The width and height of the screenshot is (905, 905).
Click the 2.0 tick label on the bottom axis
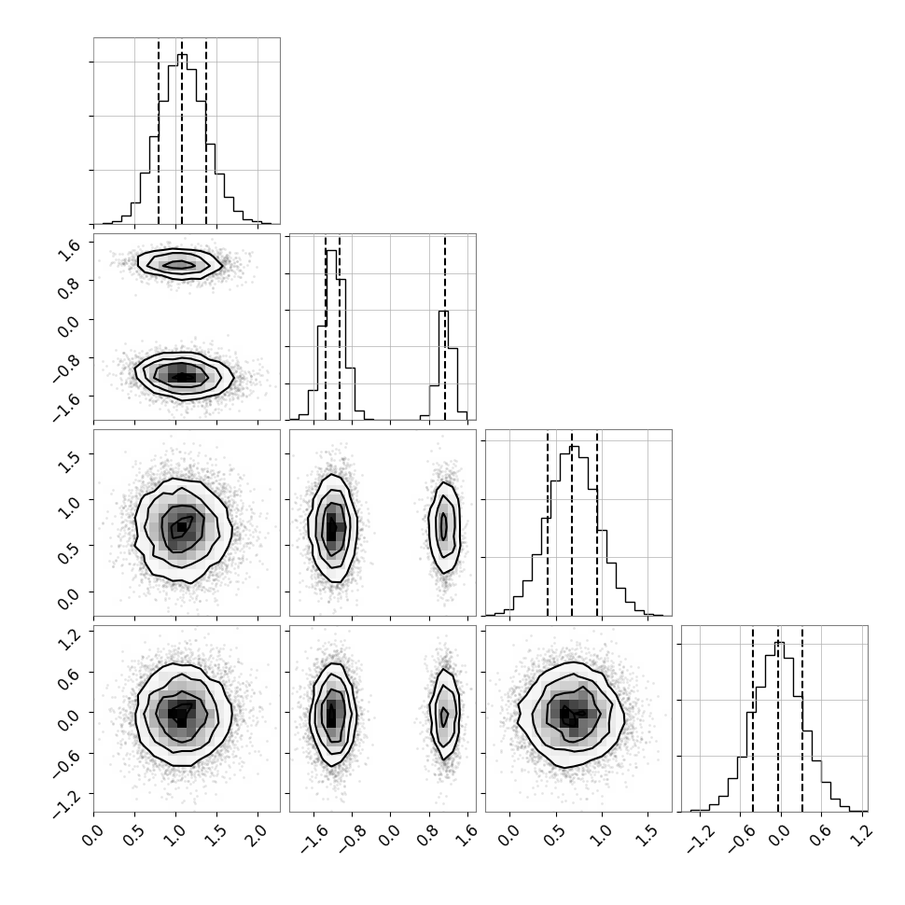[x=257, y=835]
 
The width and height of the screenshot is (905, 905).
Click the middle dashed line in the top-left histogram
[x=182, y=132]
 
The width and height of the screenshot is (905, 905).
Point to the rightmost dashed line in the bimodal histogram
[x=445, y=327]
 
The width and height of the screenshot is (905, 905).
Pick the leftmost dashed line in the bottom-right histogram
[x=753, y=719]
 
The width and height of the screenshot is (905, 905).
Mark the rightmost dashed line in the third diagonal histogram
[x=597, y=524]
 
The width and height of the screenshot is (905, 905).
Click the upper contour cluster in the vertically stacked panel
[x=179, y=264]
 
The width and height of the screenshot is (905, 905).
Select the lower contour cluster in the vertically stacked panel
[x=184, y=376]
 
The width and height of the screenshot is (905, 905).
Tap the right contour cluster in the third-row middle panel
[x=444, y=527]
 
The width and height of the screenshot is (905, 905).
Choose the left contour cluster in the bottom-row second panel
[x=333, y=714]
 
